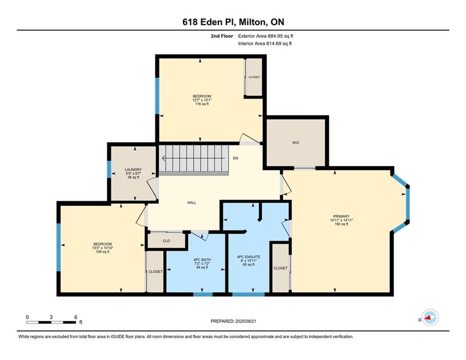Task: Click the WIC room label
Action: pyautogui.click(x=296, y=143)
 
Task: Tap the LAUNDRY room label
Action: pyautogui.click(x=133, y=170)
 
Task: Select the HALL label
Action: pyautogui.click(x=192, y=202)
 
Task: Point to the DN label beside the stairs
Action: pyautogui.click(x=236, y=158)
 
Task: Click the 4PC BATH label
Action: pyautogui.click(x=202, y=260)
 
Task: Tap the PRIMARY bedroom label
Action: pyautogui.click(x=341, y=216)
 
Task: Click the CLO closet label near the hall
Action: pyautogui.click(x=166, y=240)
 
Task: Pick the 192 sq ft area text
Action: pyautogui.click(x=341, y=224)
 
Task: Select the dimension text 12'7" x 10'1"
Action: pyautogui.click(x=202, y=100)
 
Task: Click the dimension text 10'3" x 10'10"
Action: pyautogui.click(x=103, y=248)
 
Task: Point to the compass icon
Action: pyautogui.click(x=430, y=317)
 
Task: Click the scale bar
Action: pyautogui.click(x=51, y=322)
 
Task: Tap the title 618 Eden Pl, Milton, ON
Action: pyautogui.click(x=233, y=22)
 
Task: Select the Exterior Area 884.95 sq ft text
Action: pyautogui.click(x=266, y=36)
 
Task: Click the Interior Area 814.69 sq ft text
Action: pyautogui.click(x=265, y=44)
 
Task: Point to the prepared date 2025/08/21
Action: pyautogui.click(x=245, y=321)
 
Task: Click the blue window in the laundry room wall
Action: pyautogui.click(x=109, y=169)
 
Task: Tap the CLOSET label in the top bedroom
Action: pyautogui.click(x=254, y=77)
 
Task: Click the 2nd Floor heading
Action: pyautogui.click(x=222, y=36)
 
